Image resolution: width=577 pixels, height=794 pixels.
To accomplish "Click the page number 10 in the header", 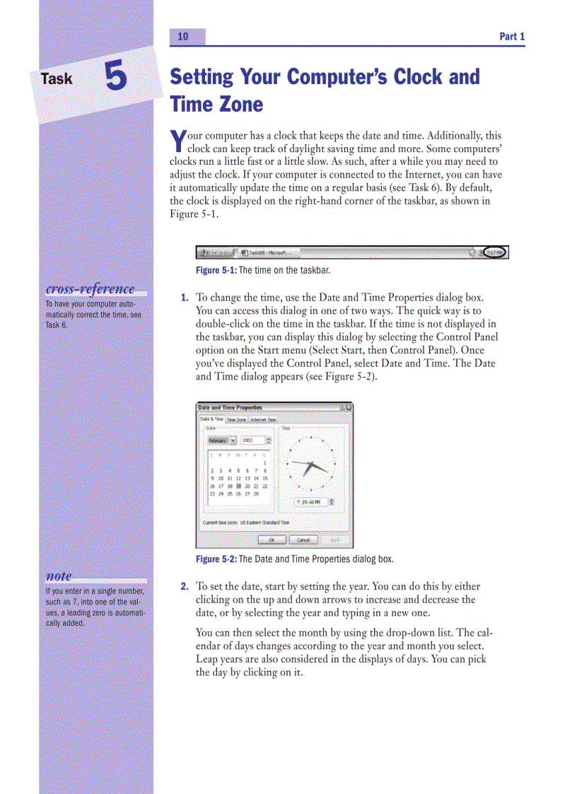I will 183,37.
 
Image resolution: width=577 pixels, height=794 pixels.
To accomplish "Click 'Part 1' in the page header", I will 512,37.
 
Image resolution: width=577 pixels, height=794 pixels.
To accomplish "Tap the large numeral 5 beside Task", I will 116,76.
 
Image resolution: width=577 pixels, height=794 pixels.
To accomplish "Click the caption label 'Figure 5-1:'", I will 216,271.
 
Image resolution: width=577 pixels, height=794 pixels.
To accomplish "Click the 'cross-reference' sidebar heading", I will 90,289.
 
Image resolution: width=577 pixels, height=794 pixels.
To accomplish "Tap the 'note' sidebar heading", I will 59,576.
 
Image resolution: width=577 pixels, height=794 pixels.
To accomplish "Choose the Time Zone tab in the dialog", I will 236,419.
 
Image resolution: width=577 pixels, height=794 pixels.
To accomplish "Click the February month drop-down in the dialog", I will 222,440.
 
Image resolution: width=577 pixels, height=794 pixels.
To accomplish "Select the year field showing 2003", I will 254,440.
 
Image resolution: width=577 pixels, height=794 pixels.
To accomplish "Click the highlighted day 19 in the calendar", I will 239,486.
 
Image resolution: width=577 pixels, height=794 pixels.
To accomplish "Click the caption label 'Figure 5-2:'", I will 216,559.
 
